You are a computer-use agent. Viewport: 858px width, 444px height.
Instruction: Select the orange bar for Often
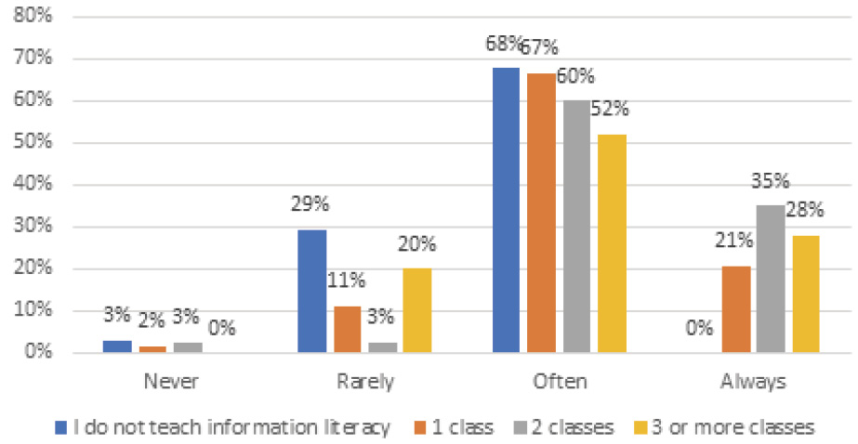pyautogui.click(x=540, y=213)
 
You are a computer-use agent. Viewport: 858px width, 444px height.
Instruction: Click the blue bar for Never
pyautogui.click(x=118, y=346)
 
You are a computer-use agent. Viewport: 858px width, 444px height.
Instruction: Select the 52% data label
pyautogui.click(x=612, y=109)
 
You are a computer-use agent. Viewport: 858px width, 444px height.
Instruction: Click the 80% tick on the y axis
pyautogui.click(x=33, y=17)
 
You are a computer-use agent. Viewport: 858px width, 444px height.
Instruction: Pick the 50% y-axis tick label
pyautogui.click(x=33, y=143)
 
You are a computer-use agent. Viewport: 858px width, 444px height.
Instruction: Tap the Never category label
pyautogui.click(x=170, y=381)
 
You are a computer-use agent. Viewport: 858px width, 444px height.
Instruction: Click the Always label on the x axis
pyautogui.click(x=754, y=381)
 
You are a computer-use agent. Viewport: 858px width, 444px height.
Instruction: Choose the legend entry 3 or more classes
pyautogui.click(x=729, y=426)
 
